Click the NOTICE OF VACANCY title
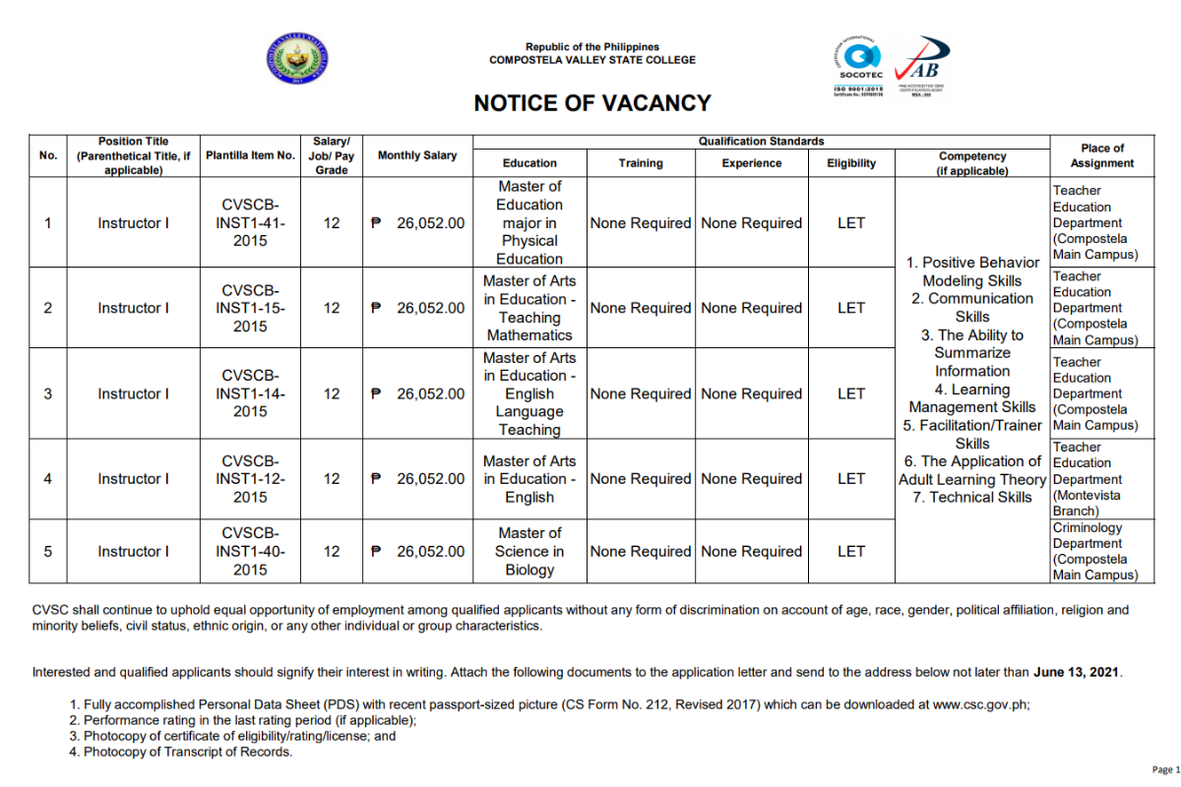click(x=591, y=103)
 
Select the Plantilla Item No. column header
click(x=250, y=155)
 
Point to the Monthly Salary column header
click(x=417, y=155)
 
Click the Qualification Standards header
click(x=761, y=142)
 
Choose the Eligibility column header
click(x=851, y=163)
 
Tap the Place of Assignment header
click(x=1101, y=155)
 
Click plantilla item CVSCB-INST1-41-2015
click(x=250, y=223)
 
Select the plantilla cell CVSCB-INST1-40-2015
click(x=250, y=552)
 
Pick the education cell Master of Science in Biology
click(x=529, y=552)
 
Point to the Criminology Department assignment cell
click(x=1094, y=552)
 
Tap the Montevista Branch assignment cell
click(x=1094, y=479)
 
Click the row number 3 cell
click(x=48, y=393)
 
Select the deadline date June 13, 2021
click(x=1077, y=673)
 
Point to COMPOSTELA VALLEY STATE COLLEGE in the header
click(x=592, y=60)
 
